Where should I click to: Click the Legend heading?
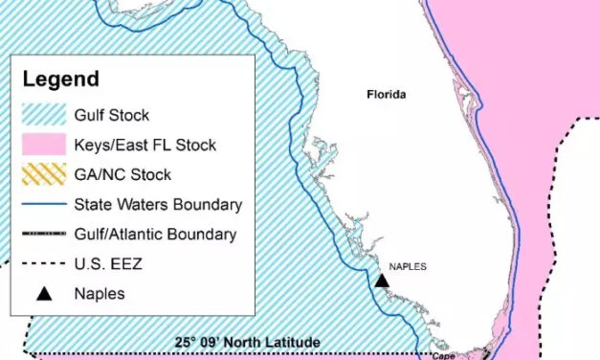61,79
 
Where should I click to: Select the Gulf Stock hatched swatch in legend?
42,116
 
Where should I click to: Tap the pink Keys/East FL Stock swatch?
42,146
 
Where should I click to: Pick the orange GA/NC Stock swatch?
42,175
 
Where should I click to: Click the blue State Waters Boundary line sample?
42,204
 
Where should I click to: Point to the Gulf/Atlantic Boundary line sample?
42,234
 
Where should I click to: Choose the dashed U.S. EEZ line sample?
42,263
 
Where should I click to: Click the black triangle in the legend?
42,293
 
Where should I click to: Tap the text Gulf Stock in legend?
112,116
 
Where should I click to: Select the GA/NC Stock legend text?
122,175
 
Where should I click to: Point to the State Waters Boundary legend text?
158,204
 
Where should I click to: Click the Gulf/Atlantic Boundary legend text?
155,234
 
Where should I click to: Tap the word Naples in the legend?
100,294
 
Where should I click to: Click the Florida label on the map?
387,95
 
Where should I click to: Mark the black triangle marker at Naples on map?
382,280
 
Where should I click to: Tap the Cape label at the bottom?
443,355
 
